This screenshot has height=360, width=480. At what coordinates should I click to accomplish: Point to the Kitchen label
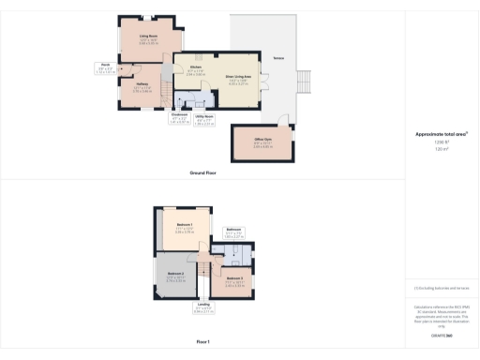[196, 68]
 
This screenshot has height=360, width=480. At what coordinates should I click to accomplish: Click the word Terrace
[278, 57]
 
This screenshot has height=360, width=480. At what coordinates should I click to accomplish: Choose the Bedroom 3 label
[234, 280]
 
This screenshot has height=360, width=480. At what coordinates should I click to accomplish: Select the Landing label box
[202, 306]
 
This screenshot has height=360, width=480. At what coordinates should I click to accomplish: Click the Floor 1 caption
[202, 343]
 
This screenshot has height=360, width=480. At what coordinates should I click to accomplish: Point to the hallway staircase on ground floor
[165, 87]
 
